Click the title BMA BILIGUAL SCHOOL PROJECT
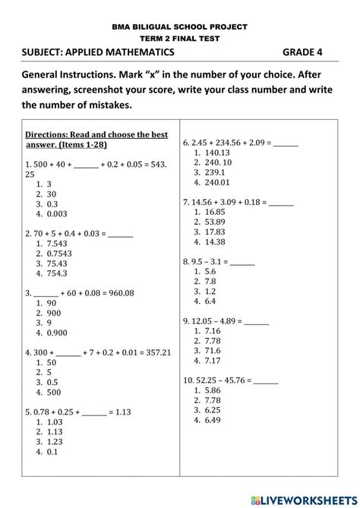(x=180, y=26)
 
